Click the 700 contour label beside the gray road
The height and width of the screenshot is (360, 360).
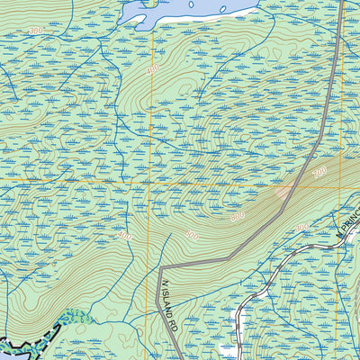point(319,171)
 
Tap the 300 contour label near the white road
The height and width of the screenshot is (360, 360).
point(301,228)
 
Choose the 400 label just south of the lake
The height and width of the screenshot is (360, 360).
point(152,69)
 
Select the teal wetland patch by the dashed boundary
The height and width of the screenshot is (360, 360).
point(76,317)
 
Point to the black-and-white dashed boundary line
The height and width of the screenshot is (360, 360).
point(27,341)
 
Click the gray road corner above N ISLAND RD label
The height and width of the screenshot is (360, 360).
point(161,268)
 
